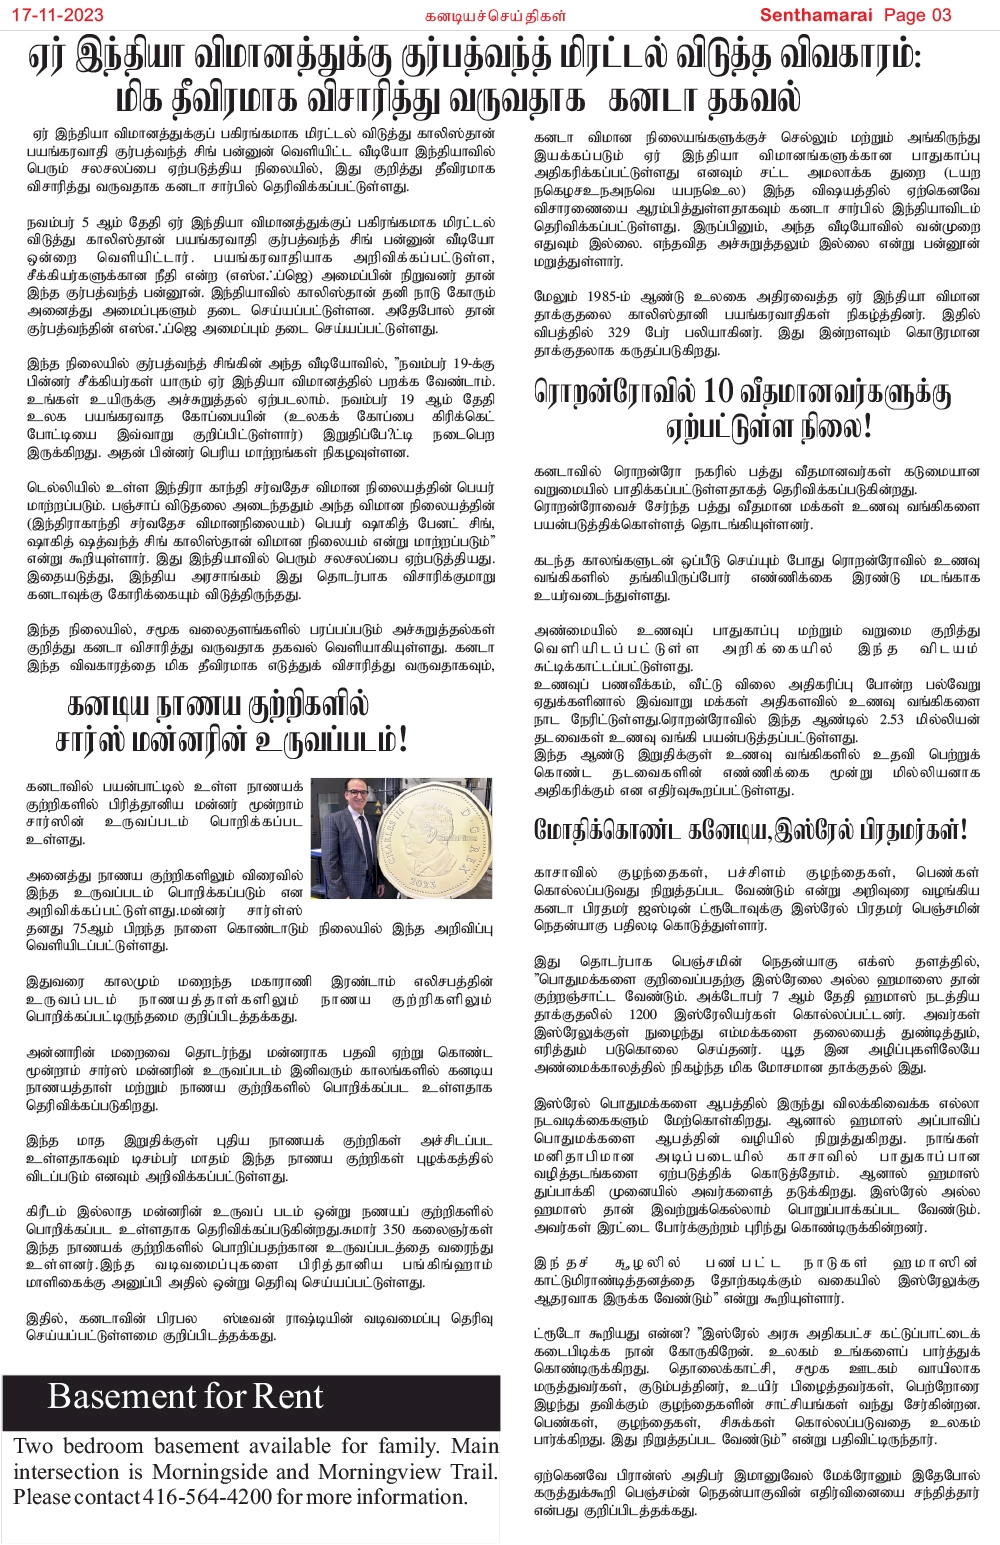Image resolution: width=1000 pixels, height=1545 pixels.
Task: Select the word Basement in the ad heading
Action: tap(114, 1397)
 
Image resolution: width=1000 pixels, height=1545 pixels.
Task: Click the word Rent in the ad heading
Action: tap(289, 1397)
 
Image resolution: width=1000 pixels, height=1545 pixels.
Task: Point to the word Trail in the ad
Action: tap(470, 1472)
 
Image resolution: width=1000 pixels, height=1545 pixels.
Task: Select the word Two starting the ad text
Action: tap(33, 1447)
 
